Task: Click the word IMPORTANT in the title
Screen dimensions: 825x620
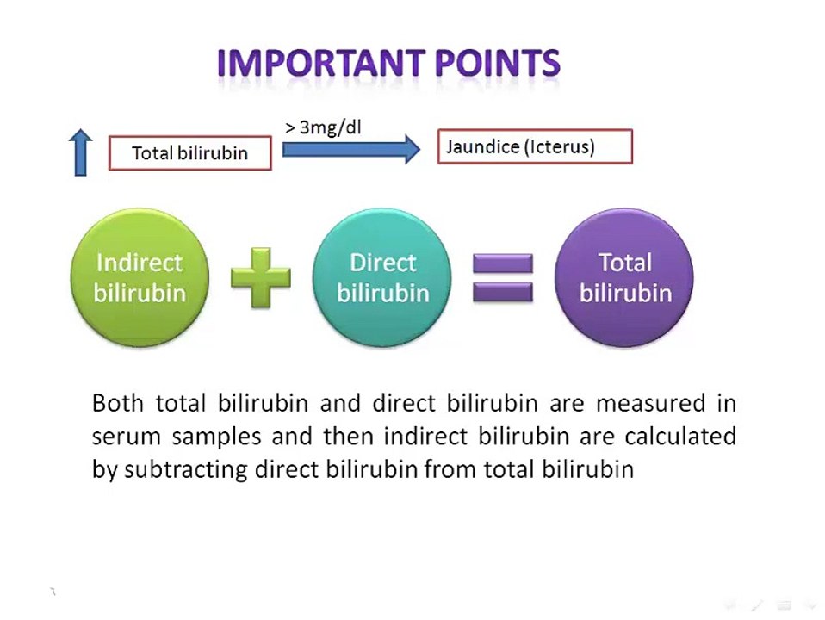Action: point(321,63)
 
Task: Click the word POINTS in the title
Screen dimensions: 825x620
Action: point(498,63)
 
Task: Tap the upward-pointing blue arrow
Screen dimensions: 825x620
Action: point(80,152)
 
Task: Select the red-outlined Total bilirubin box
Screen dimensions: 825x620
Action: point(190,153)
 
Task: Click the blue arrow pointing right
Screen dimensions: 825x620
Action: point(351,150)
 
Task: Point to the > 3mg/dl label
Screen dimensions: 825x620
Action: point(323,127)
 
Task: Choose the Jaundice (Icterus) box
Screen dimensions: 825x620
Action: point(535,146)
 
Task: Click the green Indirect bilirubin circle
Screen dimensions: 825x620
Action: point(140,277)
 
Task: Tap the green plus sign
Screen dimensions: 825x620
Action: point(260,277)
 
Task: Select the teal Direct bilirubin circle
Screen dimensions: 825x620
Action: point(382,277)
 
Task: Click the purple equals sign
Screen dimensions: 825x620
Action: point(502,277)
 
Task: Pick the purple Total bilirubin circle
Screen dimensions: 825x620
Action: point(624,277)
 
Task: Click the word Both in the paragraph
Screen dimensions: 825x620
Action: point(117,404)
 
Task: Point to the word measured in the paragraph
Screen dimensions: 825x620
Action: point(650,404)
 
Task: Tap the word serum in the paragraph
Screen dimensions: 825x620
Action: point(126,437)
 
